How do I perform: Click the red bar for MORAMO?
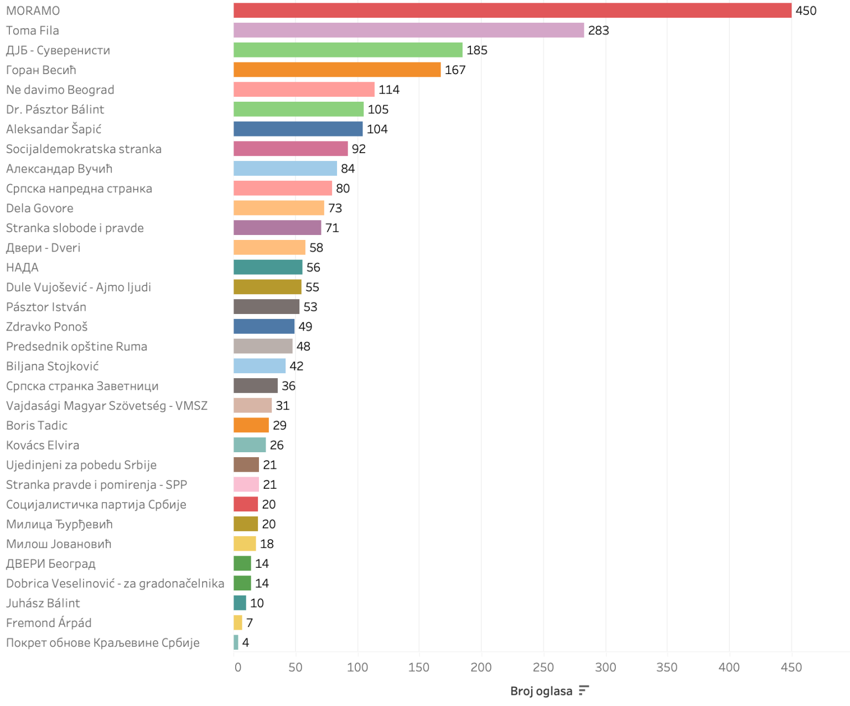tap(512, 11)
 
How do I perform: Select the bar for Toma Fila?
tap(408, 30)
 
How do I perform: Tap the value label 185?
tap(476, 50)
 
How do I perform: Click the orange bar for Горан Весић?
tap(337, 70)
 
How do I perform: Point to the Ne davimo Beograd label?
tap(60, 90)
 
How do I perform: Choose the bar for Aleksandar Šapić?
tap(298, 129)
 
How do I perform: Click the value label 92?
tap(359, 149)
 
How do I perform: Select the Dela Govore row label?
tap(39, 208)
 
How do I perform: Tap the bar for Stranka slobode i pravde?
tap(277, 228)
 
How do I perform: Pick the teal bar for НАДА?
tap(268, 267)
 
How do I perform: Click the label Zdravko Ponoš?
tap(46, 327)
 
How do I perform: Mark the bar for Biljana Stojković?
tap(260, 366)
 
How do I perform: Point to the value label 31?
tap(282, 406)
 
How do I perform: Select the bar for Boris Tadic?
tap(251, 425)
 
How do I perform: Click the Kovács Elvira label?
tap(43, 445)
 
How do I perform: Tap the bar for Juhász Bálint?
tap(240, 603)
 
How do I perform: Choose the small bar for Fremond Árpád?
tap(238, 623)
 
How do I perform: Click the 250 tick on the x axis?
tap(543, 667)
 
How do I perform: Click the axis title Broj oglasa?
tap(541, 691)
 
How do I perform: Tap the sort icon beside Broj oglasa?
tap(583, 691)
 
